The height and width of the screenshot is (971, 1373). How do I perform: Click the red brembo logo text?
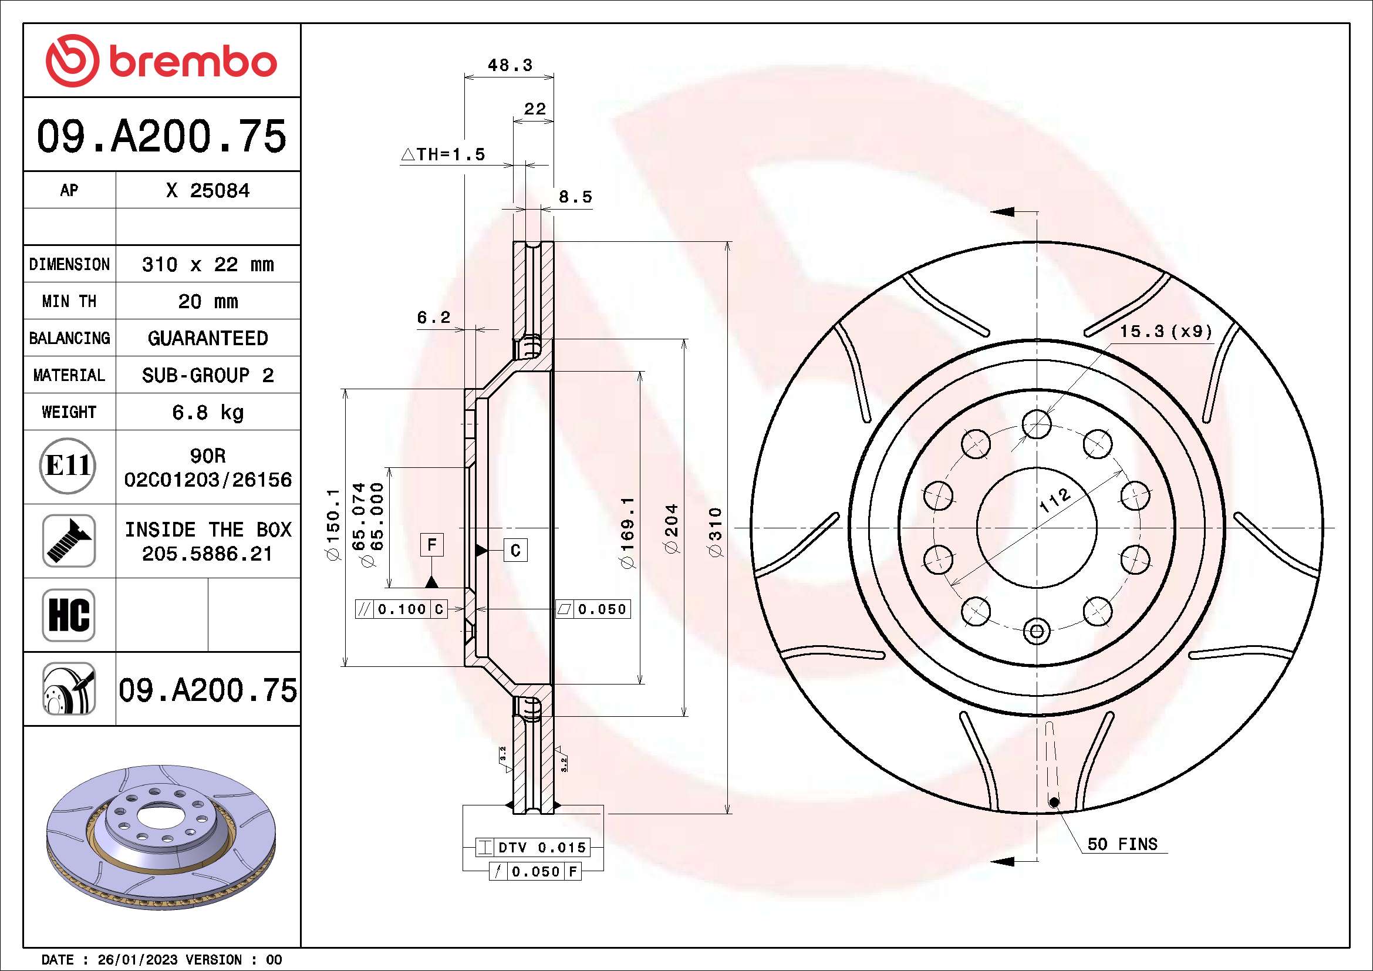193,62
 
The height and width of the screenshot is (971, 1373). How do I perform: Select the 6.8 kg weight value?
207,412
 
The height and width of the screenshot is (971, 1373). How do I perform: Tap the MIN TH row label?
69,301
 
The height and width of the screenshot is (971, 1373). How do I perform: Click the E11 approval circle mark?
68,466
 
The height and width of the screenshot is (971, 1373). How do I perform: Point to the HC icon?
69,615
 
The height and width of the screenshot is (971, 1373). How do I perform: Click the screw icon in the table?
69,541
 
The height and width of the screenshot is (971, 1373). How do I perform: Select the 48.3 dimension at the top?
510,65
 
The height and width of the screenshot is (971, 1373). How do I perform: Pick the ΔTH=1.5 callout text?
443,155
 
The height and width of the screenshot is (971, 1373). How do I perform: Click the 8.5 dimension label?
575,197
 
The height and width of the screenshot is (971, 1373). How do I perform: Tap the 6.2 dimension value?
433,318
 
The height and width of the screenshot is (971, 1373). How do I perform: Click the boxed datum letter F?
432,545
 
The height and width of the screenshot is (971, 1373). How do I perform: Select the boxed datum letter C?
515,549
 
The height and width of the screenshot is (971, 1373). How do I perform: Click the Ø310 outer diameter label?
715,531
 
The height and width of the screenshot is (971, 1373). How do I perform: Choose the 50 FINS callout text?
1122,844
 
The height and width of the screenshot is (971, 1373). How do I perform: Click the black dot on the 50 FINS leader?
1054,803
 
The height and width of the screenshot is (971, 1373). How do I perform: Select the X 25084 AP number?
207,191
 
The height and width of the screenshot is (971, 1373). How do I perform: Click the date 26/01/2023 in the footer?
137,960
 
